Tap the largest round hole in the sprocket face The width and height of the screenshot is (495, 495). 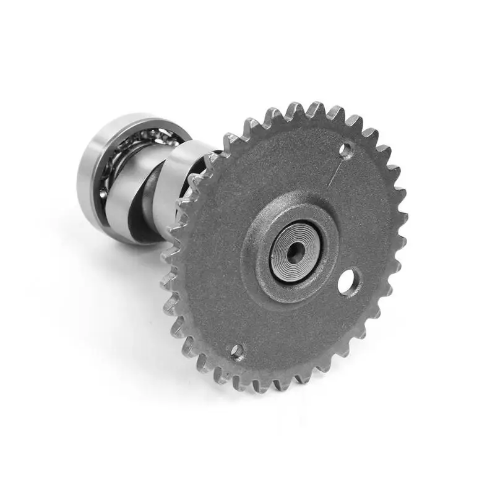[347, 282]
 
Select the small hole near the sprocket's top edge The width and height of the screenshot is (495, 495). [346, 148]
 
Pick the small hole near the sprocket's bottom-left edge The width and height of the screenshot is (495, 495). [236, 353]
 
